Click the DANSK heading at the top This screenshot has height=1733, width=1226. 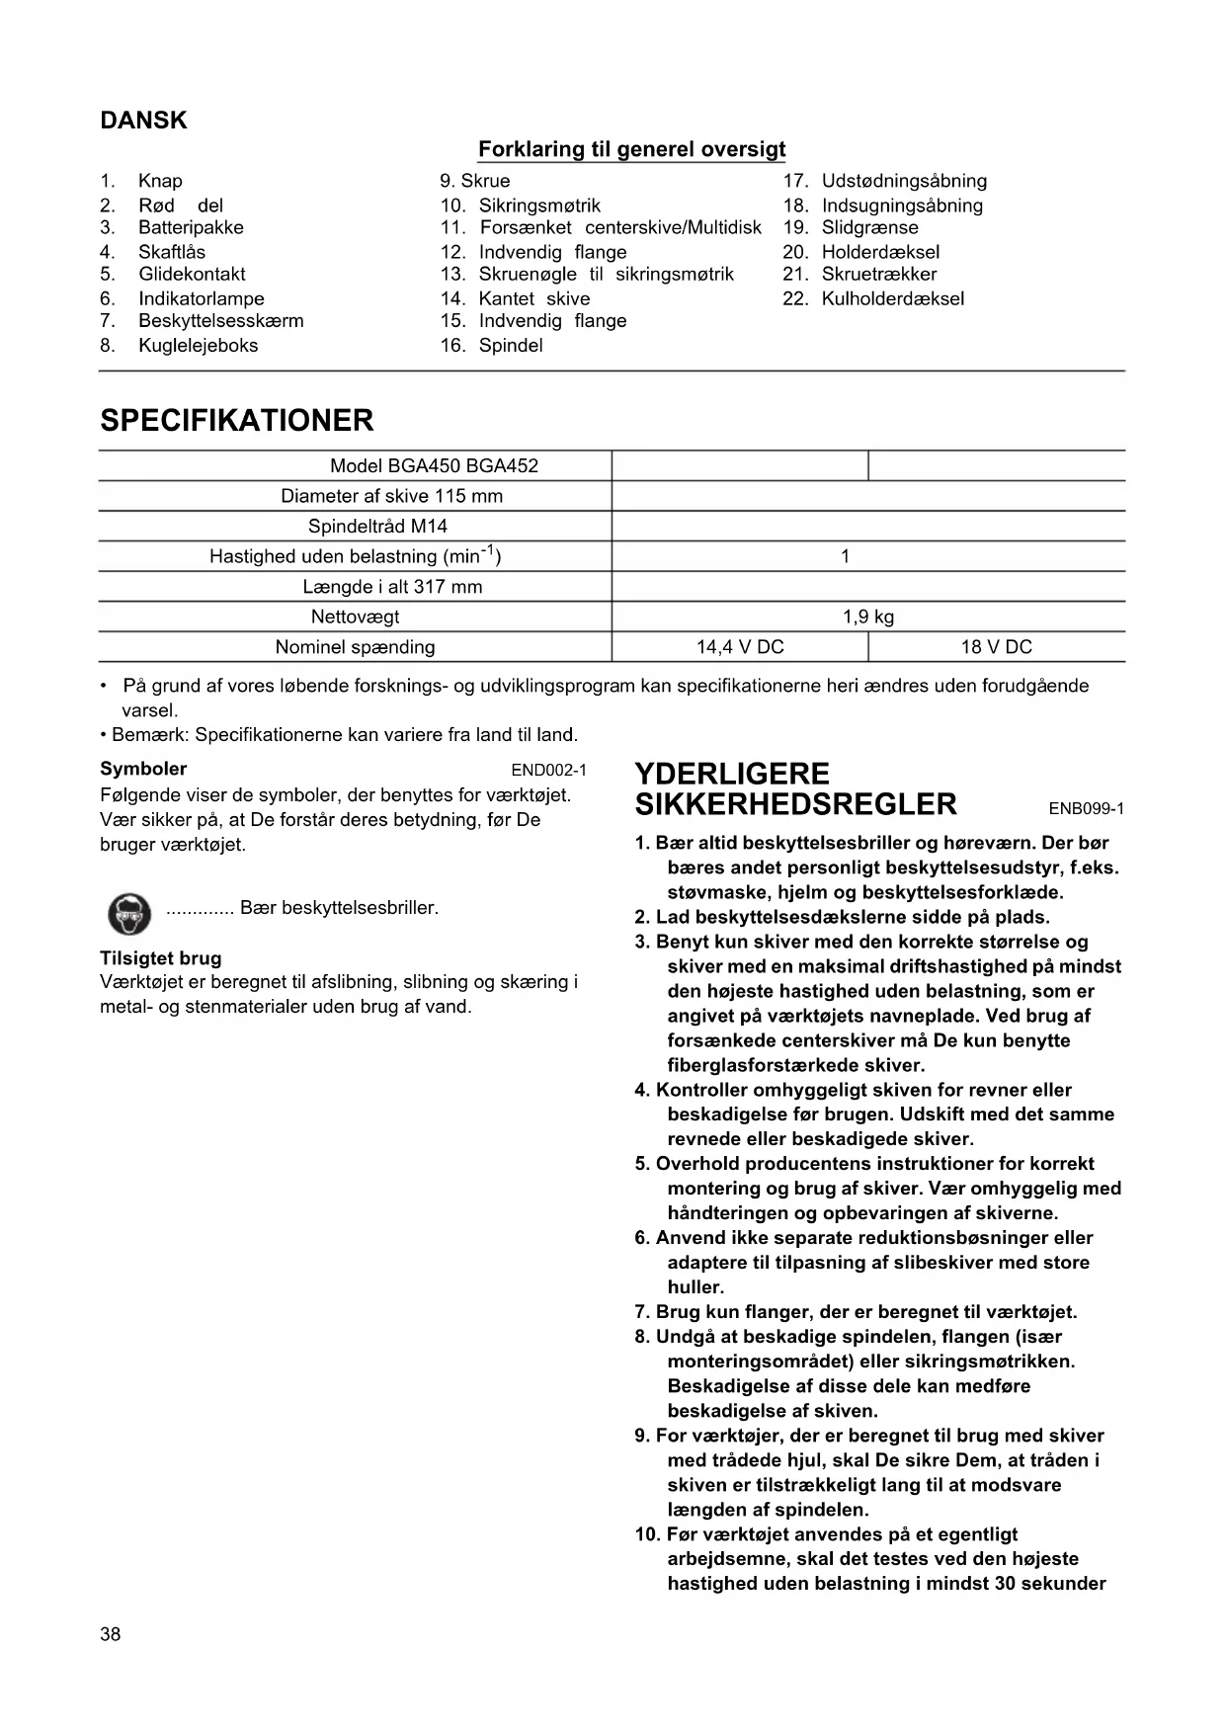pos(143,121)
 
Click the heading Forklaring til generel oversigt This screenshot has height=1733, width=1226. pos(631,149)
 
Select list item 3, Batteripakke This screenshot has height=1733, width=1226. pos(191,227)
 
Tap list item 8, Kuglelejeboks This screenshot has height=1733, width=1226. pos(198,345)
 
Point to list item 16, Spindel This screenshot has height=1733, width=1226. pos(510,345)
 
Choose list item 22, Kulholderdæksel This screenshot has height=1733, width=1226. pos(892,298)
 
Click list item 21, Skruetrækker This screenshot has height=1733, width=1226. pos(878,274)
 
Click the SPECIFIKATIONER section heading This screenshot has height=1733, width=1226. pos(237,420)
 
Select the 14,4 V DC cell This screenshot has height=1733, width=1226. pos(740,647)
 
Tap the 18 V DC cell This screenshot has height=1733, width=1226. pos(996,647)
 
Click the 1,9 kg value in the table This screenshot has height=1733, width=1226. pos(867,617)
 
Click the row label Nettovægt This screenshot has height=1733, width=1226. pos(355,617)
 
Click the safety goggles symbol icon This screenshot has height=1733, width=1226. pos(128,913)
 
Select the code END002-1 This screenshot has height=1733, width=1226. pos(548,771)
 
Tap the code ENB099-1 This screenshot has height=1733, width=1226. pos(1086,809)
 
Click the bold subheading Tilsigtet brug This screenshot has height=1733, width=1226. pos(160,958)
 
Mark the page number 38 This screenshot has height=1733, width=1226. pos(111,1634)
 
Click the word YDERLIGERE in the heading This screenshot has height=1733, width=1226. pos(732,774)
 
